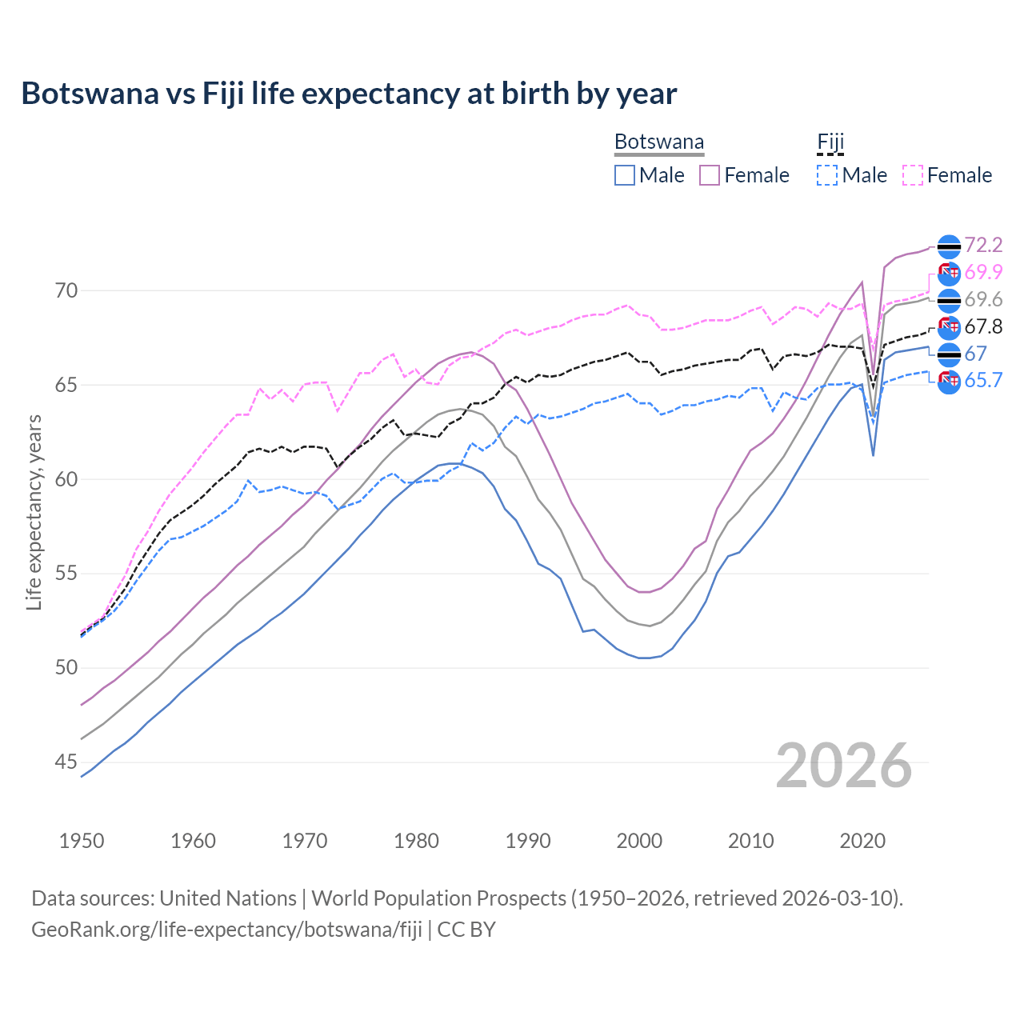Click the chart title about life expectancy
coord(349,94)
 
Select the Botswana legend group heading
coord(659,142)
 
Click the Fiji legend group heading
coord(830,142)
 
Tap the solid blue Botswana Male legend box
coord(625,175)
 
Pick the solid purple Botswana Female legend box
coord(710,175)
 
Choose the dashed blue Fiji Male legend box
coord(827,175)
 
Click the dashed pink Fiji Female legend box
coord(913,175)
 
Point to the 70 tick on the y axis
coord(66,290)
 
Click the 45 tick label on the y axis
coord(66,762)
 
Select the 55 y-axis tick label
coord(66,574)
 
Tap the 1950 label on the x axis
coord(82,841)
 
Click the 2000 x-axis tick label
coord(639,841)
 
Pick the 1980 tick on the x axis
coord(416,841)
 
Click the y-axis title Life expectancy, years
coord(34,512)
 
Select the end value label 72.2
coord(983,245)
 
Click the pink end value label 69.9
coord(983,272)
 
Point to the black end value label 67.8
coord(983,326)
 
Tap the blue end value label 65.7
coord(983,380)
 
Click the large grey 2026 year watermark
coord(844,766)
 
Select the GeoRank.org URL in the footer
coord(226,930)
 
